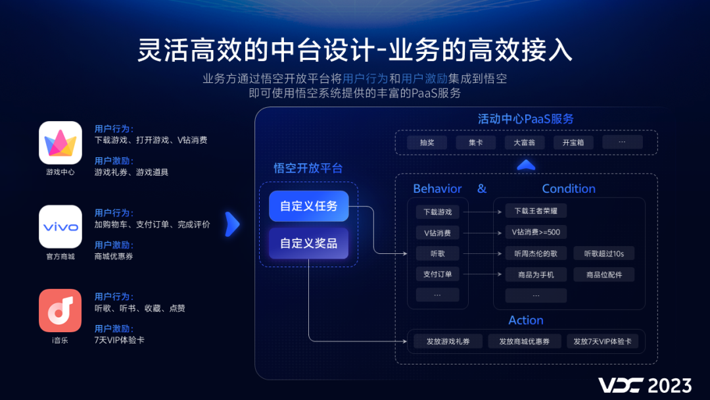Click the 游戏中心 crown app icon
(x=60, y=142)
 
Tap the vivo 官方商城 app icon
(x=60, y=226)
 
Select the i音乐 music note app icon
(x=60, y=310)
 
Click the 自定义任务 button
(x=308, y=206)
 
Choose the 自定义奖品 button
(x=308, y=243)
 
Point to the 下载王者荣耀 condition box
(x=536, y=211)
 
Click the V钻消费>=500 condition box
(x=536, y=232)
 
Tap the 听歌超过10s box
(x=604, y=253)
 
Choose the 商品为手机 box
(x=536, y=274)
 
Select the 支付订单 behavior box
(x=438, y=274)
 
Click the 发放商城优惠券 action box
(x=524, y=341)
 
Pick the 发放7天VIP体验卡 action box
(x=602, y=341)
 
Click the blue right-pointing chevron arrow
(x=233, y=224)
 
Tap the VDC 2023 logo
(x=644, y=385)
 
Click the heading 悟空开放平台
(x=308, y=168)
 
